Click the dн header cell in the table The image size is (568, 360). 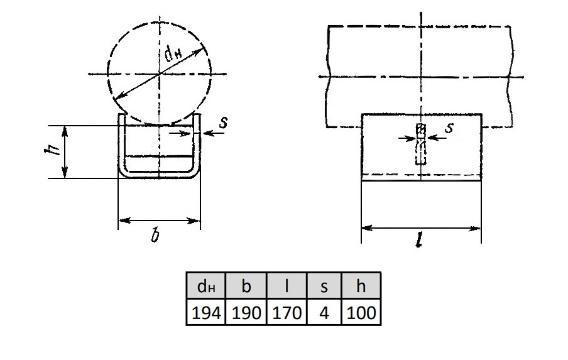(x=205, y=286)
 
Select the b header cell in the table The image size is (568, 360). (x=246, y=286)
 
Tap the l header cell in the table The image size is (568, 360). (x=287, y=286)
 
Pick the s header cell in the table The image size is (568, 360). (x=324, y=286)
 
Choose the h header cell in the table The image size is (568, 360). (x=361, y=286)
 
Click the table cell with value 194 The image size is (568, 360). (x=205, y=312)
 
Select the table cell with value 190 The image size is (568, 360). (x=246, y=312)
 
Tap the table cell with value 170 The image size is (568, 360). (x=287, y=312)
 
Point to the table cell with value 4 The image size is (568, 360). (x=324, y=312)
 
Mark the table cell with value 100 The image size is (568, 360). (x=361, y=312)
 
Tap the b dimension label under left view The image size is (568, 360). (x=155, y=236)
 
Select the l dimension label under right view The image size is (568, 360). (x=420, y=239)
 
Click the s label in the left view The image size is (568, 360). (x=224, y=123)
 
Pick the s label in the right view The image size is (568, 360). (x=449, y=128)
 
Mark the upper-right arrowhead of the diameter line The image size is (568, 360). (x=198, y=53)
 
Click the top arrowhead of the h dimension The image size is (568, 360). (x=65, y=131)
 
